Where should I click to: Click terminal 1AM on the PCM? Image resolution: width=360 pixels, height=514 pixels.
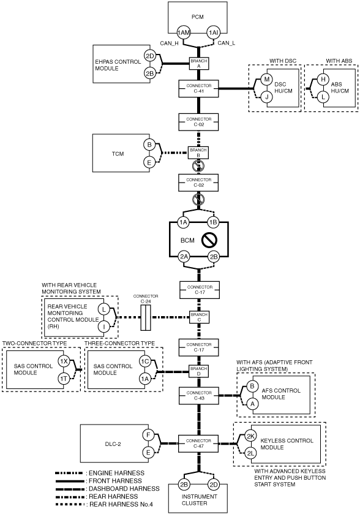(184, 32)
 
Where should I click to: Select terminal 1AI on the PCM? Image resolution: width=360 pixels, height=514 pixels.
(213, 32)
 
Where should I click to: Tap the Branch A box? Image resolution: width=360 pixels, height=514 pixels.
(199, 63)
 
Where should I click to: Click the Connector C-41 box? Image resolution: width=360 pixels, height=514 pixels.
(198, 88)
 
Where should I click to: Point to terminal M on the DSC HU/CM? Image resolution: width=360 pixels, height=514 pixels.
(267, 79)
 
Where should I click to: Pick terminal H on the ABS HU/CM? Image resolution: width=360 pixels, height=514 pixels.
(323, 79)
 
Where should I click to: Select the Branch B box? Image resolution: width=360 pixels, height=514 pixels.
(198, 153)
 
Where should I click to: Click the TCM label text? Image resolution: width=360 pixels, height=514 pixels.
(118, 153)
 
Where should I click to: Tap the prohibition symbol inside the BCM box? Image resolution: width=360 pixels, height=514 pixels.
(209, 240)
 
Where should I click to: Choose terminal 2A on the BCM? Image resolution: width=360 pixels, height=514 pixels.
(184, 257)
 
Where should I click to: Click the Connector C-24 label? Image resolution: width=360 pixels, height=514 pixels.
(146, 298)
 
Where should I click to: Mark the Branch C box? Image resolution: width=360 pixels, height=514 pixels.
(199, 317)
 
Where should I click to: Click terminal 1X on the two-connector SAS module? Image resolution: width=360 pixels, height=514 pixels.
(64, 361)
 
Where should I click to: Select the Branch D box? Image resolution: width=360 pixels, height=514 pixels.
(199, 371)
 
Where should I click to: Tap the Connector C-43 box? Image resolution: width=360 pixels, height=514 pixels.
(199, 395)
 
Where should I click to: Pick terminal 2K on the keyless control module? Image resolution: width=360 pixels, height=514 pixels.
(251, 436)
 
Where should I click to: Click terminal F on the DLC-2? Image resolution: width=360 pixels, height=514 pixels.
(148, 436)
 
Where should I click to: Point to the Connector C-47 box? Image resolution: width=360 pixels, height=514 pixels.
(198, 444)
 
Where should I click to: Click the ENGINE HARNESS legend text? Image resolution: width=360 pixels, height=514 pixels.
(116, 473)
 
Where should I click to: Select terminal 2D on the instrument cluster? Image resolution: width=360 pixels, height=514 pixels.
(214, 485)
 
